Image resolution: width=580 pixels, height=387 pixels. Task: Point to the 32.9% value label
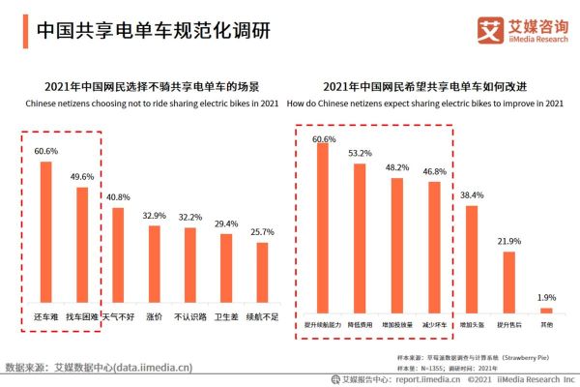[154, 215]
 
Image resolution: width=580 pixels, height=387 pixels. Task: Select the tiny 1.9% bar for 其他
[546, 310]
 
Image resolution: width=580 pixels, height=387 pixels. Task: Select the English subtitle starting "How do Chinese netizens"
[432, 104]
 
